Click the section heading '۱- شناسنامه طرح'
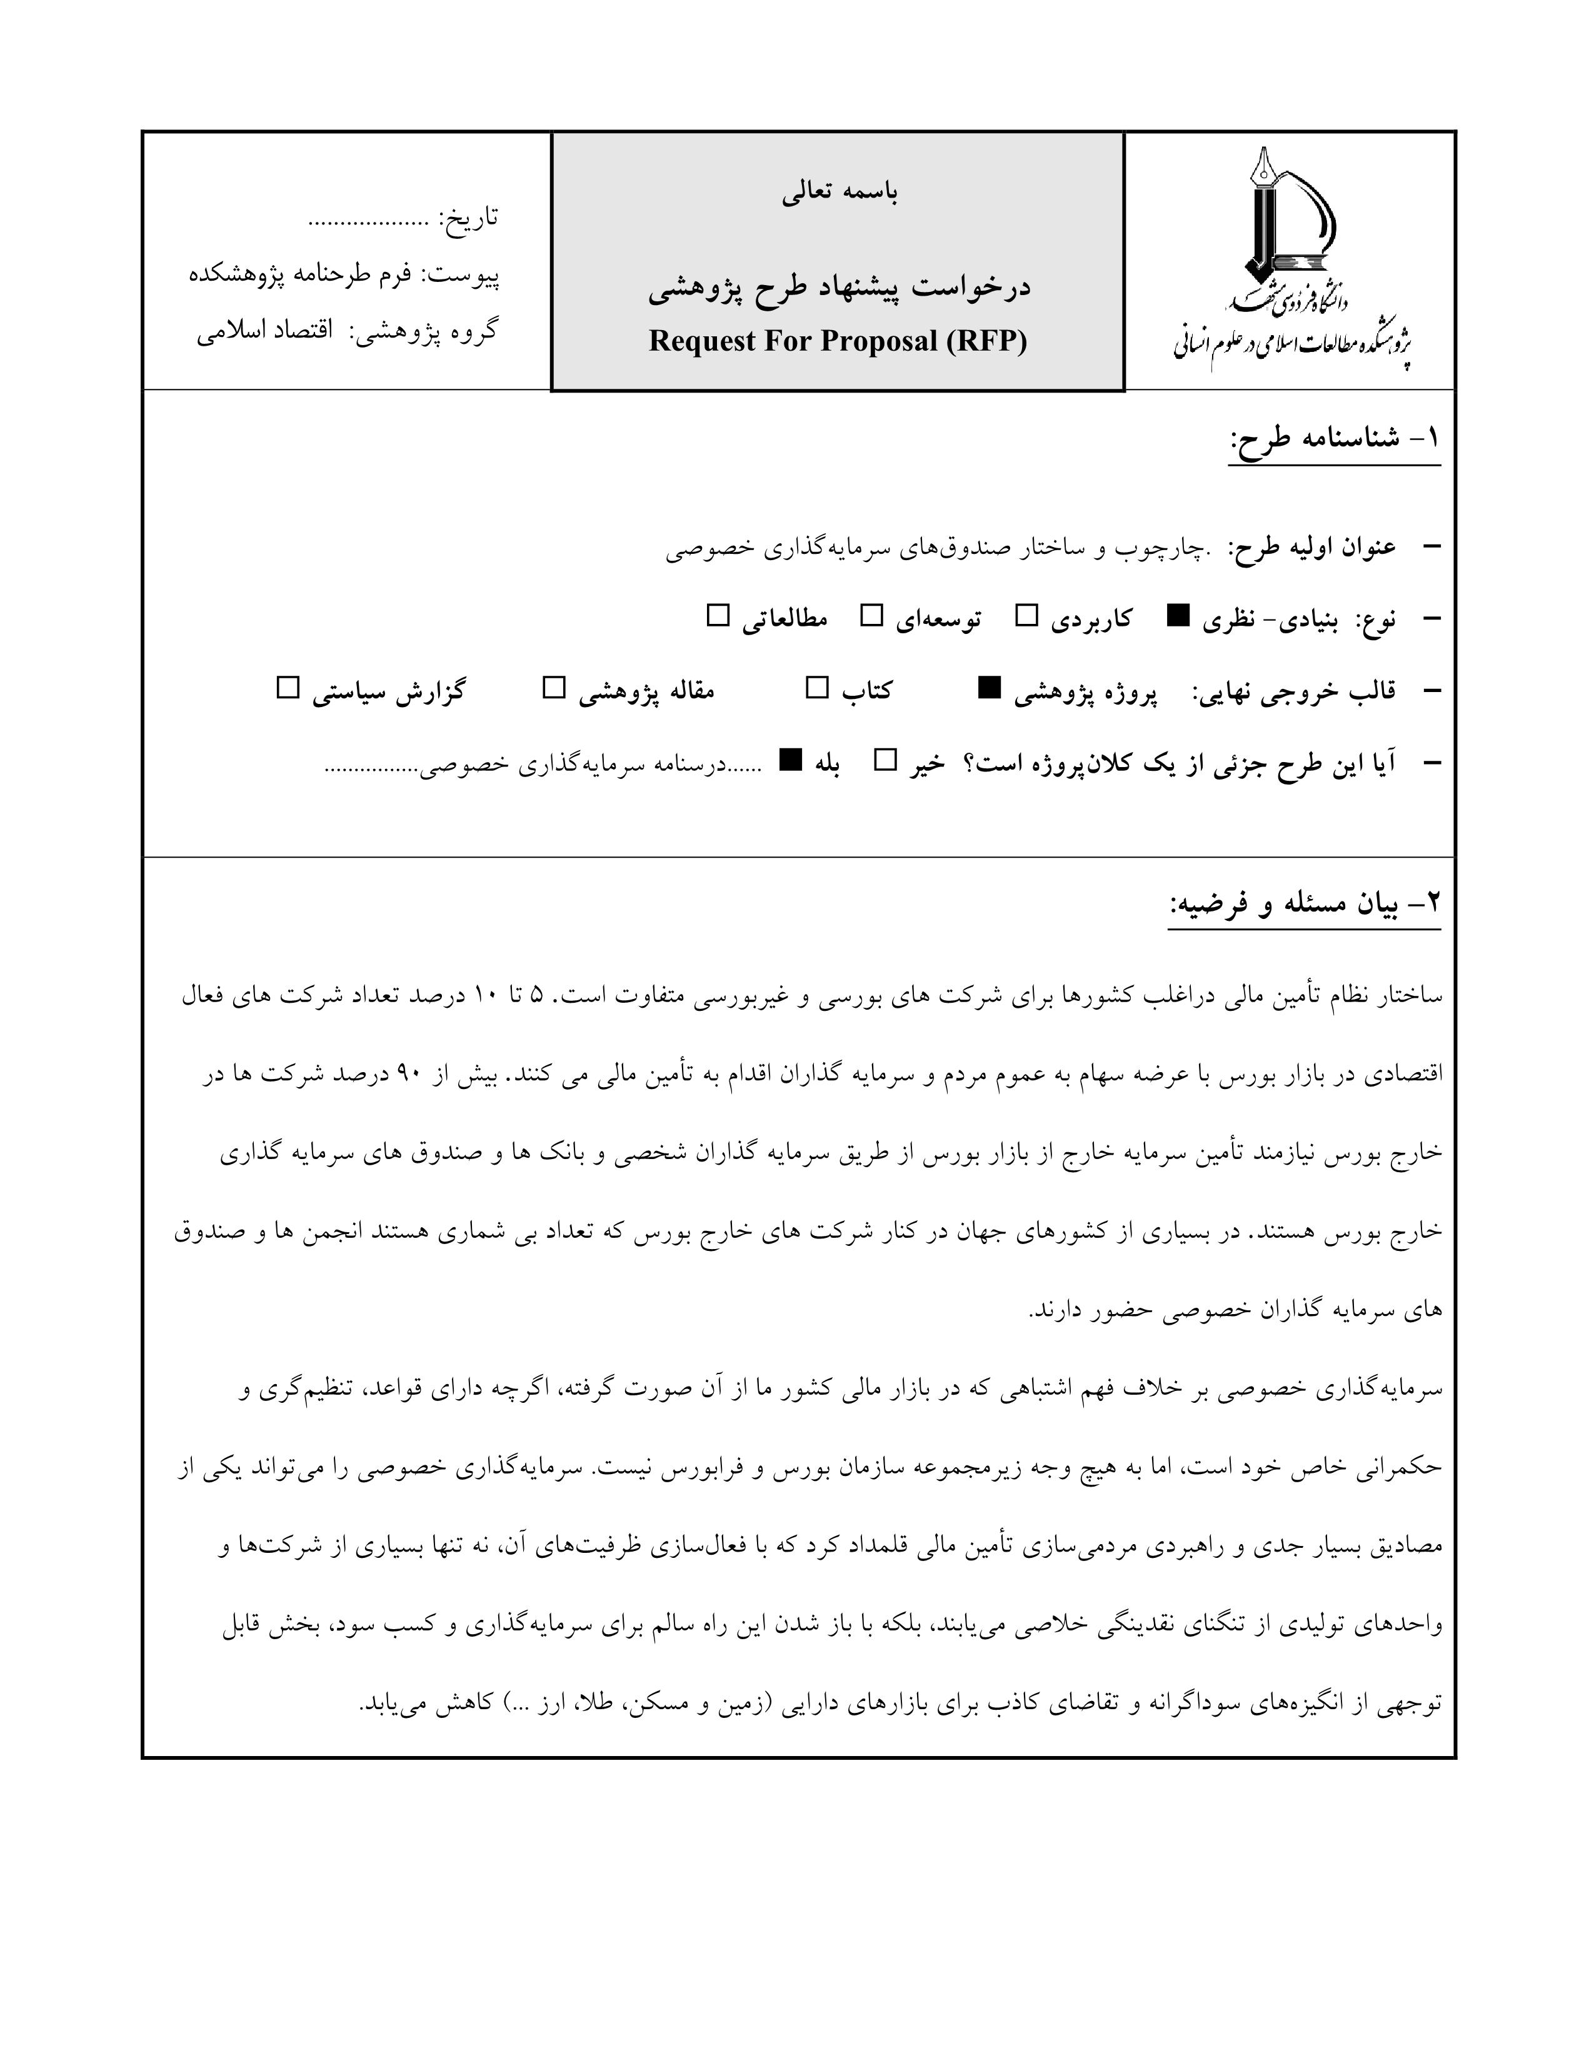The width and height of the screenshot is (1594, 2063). [x=1335, y=439]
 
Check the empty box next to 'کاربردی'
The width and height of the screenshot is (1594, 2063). [x=1026, y=618]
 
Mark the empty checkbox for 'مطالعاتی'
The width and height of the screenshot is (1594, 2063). [x=719, y=618]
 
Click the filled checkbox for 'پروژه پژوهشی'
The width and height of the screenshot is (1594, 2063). [x=989, y=690]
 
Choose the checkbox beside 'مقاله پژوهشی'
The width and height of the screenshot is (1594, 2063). [x=553, y=689]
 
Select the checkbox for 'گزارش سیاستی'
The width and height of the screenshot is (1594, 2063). [x=287, y=689]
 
